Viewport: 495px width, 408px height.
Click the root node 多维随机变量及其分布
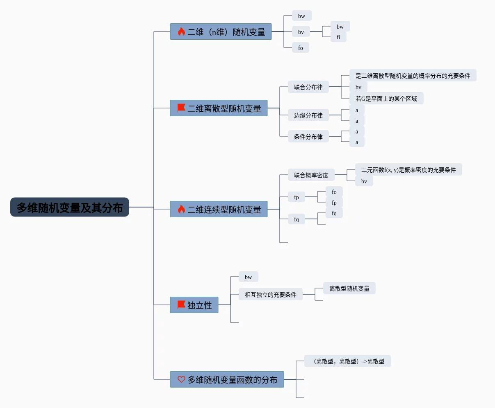[x=70, y=207]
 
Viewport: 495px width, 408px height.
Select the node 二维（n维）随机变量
[x=226, y=32]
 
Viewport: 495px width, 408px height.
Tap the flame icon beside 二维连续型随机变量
[x=181, y=210]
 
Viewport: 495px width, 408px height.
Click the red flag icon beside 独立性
[x=181, y=305]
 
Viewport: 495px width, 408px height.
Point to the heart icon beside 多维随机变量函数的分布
[x=181, y=379]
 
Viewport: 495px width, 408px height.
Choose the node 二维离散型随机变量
[x=224, y=108]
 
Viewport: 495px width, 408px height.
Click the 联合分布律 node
[x=308, y=87]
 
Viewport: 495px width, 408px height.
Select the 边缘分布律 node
[x=308, y=115]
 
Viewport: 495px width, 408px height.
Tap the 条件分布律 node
[x=308, y=137]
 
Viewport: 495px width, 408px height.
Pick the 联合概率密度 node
[x=311, y=175]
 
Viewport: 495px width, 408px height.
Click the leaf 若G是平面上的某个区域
[x=386, y=99]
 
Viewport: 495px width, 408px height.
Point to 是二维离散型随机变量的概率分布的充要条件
[x=413, y=76]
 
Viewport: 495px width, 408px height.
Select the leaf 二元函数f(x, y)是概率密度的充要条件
[x=408, y=170]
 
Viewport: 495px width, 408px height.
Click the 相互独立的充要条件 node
[x=270, y=295]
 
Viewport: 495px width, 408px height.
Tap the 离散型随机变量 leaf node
[x=349, y=289]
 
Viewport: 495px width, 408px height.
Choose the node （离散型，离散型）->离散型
[x=347, y=361]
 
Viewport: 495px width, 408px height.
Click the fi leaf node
[x=338, y=37]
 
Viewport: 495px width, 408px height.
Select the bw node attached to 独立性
[x=248, y=277]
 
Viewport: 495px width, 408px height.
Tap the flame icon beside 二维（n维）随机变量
[x=181, y=32]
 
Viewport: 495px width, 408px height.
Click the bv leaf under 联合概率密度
[x=364, y=181]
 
